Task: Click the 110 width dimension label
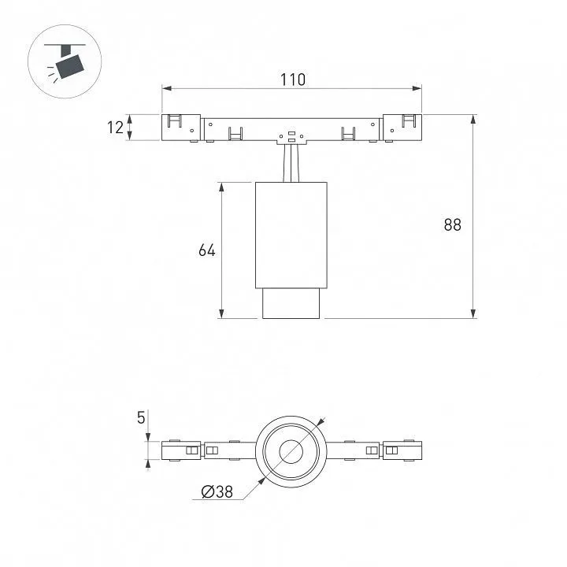(293, 80)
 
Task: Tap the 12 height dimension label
(115, 128)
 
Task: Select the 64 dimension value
(207, 250)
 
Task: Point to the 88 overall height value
(452, 225)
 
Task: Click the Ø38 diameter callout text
(217, 491)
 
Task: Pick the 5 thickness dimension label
(141, 417)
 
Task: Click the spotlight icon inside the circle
(65, 61)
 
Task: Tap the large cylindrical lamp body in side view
(291, 235)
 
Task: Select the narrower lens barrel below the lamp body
(291, 304)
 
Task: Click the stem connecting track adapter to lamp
(291, 163)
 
